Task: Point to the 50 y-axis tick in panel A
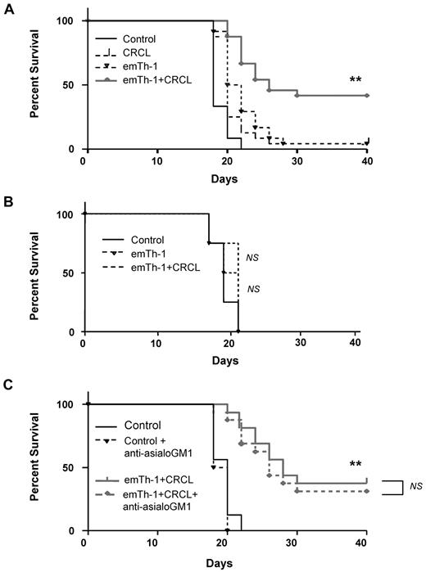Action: (x=70, y=85)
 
